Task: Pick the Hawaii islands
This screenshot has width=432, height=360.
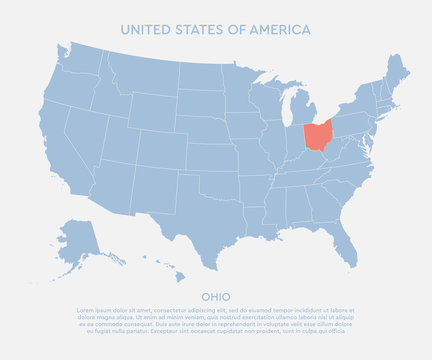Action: point(170,273)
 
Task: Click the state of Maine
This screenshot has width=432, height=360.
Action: point(398,73)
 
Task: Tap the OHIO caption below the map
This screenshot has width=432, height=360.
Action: point(216,296)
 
